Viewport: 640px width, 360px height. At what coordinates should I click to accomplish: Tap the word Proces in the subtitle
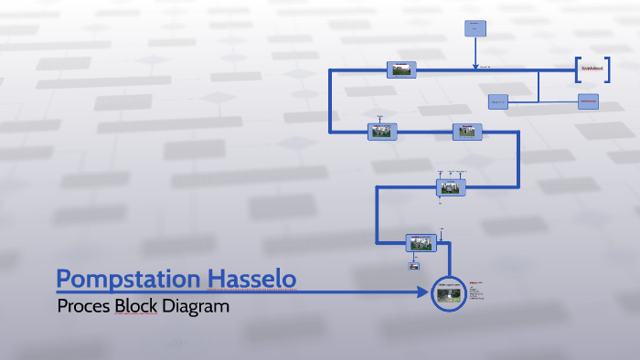point(83,306)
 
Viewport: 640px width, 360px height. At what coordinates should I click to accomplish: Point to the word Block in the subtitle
point(136,306)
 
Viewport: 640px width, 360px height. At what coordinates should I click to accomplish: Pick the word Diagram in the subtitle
point(196,306)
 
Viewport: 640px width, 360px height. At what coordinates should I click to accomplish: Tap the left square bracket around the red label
point(579,69)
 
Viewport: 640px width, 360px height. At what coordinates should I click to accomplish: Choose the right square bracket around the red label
point(606,69)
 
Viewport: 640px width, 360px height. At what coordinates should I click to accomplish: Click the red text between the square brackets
point(592,69)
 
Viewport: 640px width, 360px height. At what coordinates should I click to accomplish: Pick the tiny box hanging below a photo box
point(414,267)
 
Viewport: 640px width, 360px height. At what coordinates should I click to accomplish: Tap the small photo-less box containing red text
point(588,101)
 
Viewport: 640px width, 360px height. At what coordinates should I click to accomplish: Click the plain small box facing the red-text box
point(497,101)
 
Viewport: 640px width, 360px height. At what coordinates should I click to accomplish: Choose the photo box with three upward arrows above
point(450,186)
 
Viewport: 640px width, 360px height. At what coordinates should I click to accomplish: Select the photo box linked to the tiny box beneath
point(421,242)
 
